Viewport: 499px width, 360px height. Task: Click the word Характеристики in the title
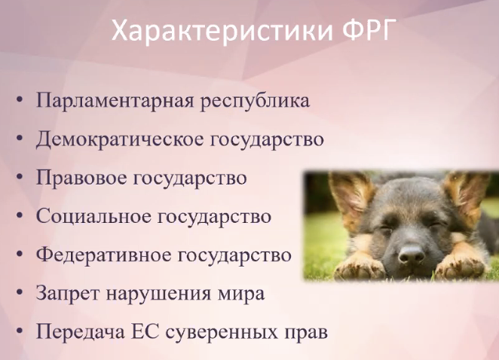tap(222, 31)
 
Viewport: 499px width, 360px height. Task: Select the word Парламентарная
tap(115, 101)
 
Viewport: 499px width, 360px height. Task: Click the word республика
tap(255, 102)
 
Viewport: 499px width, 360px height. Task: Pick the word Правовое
tap(81, 178)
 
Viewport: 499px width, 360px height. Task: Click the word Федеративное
tap(104, 255)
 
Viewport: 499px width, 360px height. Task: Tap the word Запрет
tap(68, 293)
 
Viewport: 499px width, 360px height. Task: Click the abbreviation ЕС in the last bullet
tap(145, 332)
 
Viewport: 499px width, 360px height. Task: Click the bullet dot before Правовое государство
tap(20, 177)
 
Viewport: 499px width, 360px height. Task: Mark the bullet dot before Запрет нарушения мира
tap(20, 292)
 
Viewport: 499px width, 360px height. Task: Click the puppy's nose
tap(411, 254)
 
